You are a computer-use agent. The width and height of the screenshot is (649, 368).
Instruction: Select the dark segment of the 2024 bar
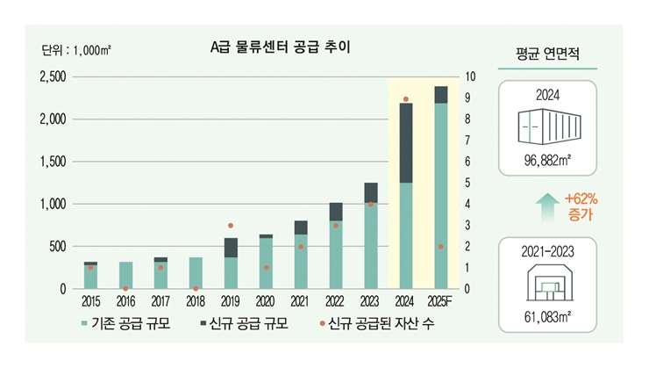point(406,143)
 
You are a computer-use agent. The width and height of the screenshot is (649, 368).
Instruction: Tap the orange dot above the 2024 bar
point(406,100)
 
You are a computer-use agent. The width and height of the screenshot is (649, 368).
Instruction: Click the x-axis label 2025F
point(440,301)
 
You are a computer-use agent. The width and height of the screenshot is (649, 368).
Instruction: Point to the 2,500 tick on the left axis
point(53,77)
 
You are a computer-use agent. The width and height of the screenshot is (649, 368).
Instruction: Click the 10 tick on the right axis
point(470,77)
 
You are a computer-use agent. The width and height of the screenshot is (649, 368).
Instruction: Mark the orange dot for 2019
point(231,226)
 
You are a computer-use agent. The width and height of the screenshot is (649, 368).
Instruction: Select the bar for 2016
point(125,275)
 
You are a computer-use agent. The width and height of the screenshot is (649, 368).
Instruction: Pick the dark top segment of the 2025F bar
point(440,95)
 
